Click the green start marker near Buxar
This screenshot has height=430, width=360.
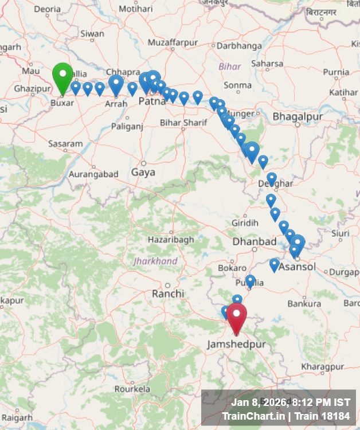[62, 77]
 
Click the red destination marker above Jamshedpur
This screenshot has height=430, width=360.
[236, 317]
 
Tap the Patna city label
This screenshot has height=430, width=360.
[152, 101]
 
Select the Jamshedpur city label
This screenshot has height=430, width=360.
[237, 344]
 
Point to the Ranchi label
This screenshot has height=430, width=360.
[168, 294]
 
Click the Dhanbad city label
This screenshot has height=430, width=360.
[255, 242]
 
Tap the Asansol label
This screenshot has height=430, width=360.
[297, 267]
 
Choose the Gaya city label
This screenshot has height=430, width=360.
[143, 172]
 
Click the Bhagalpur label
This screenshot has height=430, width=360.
[298, 117]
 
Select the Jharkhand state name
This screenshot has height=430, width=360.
[155, 261]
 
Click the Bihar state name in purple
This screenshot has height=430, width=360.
[230, 67]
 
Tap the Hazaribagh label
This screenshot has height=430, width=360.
[171, 240]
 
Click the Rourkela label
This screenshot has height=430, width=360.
[132, 388]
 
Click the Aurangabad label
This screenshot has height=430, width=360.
[93, 174]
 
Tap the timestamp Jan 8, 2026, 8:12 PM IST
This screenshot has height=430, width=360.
[291, 402]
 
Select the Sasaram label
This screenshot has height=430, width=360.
[65, 143]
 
